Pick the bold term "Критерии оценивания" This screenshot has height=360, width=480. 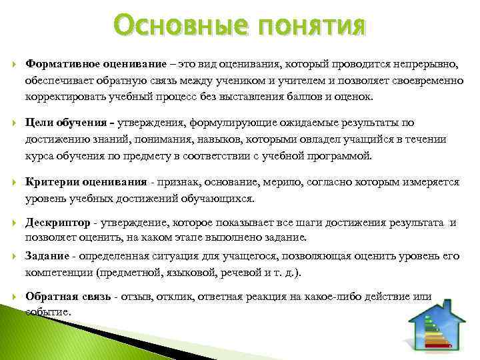click(x=86, y=181)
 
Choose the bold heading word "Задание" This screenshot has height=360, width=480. click(x=47, y=257)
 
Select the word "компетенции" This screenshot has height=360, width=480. click(x=59, y=273)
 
